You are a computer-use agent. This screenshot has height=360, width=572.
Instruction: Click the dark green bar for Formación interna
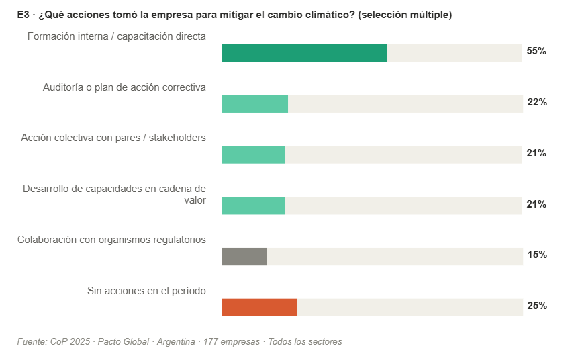coord(304,53)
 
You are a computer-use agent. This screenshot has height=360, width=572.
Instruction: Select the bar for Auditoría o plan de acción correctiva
coord(254,104)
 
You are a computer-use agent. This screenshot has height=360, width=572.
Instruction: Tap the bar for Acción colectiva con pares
coord(253,154)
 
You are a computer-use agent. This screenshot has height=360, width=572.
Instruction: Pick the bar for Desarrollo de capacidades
coord(253,206)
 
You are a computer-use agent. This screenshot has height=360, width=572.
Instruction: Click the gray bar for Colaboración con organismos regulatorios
coord(244,257)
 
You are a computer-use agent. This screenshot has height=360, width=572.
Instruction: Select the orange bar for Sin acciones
coord(259,307)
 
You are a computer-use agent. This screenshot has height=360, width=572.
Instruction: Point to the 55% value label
coord(536,52)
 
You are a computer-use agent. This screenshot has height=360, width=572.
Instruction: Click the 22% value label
coord(537,103)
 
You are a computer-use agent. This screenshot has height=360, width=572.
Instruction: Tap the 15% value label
coord(537,255)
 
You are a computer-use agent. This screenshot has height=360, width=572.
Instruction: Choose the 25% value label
coord(537,306)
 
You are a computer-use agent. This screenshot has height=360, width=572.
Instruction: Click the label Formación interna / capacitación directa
coord(116,36)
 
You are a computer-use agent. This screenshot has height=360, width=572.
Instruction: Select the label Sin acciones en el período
coord(146,291)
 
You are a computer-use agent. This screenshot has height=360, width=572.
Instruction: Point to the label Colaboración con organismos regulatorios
coord(111,240)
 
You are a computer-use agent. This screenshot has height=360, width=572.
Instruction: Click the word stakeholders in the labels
coord(177,138)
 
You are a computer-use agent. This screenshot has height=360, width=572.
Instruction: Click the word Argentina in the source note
coord(176,342)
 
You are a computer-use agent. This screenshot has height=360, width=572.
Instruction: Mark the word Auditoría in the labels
coord(64,87)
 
